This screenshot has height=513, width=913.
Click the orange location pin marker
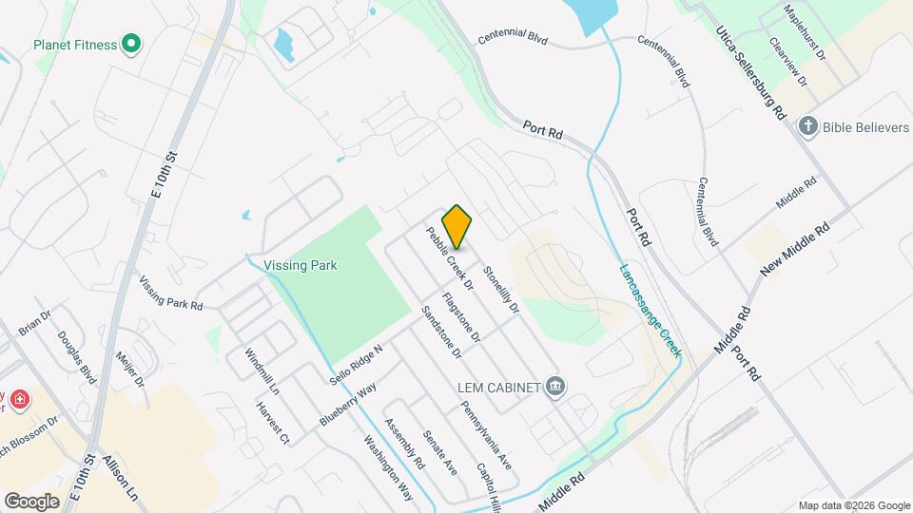point(457,226)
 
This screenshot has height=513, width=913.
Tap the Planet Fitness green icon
point(132,44)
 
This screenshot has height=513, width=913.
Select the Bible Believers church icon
point(808,126)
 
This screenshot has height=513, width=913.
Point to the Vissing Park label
point(301,265)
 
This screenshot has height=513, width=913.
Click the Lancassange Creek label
point(651,310)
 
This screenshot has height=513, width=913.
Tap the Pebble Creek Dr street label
point(450,257)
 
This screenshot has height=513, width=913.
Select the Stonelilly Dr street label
point(501,290)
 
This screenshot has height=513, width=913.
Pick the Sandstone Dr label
point(441,332)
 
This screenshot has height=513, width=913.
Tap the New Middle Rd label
point(795,249)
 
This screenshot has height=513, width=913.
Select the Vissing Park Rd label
point(171,294)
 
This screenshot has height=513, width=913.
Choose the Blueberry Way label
point(348,403)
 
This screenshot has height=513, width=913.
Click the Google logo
point(31,501)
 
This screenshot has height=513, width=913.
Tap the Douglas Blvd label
point(76,357)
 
